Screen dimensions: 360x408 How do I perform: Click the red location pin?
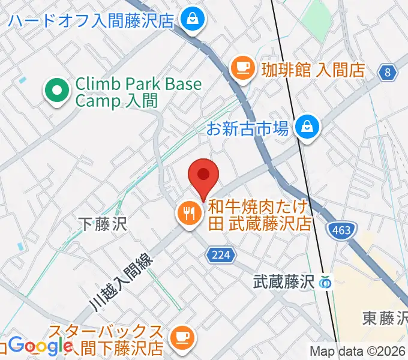(203, 176)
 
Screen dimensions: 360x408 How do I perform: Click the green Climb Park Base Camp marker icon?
(58, 92)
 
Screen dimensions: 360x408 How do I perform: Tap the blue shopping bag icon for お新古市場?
(308, 127)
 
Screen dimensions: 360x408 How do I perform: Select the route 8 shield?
(388, 73)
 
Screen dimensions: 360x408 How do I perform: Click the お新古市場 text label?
(248, 128)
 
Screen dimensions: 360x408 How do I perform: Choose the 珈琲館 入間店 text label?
(313, 69)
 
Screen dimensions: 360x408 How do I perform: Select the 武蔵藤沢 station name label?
(284, 280)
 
